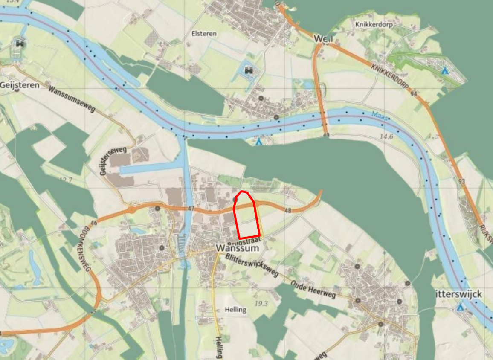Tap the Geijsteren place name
(20, 85)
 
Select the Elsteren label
(204, 33)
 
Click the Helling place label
(236, 310)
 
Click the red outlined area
(247, 218)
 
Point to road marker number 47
(191, 208)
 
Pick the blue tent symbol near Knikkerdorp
(445, 70)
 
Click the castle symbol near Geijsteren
(19, 43)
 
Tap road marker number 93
(461, 181)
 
